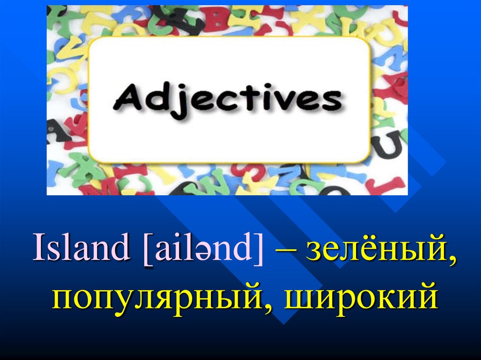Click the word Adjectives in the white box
pyautogui.click(x=229, y=99)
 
